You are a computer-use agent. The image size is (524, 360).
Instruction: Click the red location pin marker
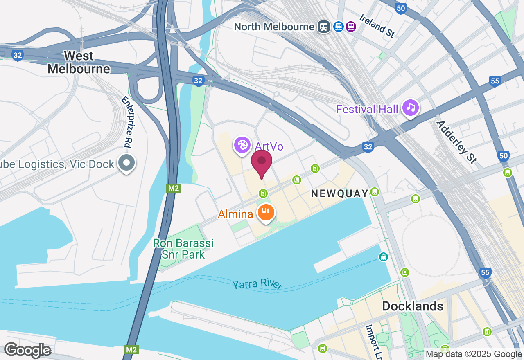click(x=261, y=162)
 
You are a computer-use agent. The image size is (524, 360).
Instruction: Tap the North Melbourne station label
click(x=274, y=27)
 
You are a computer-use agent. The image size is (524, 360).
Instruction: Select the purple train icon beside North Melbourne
click(x=350, y=27)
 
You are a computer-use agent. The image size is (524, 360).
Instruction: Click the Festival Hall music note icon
click(x=411, y=108)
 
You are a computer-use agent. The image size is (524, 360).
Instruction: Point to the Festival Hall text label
click(x=367, y=109)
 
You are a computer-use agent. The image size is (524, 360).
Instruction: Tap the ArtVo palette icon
click(x=242, y=145)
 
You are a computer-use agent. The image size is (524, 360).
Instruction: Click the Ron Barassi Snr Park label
click(x=183, y=249)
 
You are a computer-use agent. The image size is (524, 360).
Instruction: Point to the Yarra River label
click(x=257, y=284)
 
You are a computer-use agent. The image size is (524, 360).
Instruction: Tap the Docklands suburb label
click(x=413, y=306)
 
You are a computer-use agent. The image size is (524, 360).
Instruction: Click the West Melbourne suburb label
click(x=79, y=62)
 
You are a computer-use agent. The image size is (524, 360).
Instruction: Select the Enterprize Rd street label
click(x=128, y=122)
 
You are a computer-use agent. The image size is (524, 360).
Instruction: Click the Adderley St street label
click(x=456, y=142)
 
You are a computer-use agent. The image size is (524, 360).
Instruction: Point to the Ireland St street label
click(x=377, y=26)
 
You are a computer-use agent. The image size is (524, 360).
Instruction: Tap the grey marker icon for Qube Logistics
click(x=126, y=163)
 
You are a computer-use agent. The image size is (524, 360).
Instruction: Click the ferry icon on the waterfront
click(x=383, y=257)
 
